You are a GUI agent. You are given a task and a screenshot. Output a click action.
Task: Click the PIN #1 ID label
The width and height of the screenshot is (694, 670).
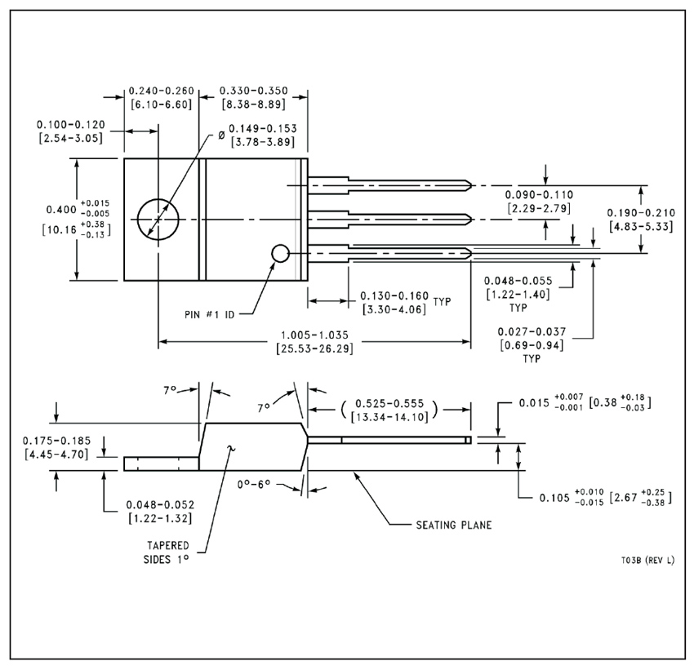coord(209,314)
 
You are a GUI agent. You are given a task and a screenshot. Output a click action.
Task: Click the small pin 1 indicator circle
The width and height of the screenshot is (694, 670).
coord(280,254)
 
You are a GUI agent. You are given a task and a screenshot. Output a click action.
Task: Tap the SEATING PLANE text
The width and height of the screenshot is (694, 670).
coord(454,525)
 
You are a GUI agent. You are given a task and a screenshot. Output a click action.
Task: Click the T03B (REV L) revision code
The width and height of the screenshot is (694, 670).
coord(647,561)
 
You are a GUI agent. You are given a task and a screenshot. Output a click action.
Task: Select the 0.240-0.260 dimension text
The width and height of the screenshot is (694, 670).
coord(162,91)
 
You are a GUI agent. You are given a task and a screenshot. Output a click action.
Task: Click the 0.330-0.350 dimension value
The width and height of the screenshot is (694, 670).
coord(254,91)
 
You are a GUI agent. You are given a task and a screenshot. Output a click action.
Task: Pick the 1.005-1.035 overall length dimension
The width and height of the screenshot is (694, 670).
coord(314,335)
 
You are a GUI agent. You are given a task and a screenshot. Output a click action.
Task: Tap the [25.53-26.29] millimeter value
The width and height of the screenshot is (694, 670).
coord(314,348)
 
